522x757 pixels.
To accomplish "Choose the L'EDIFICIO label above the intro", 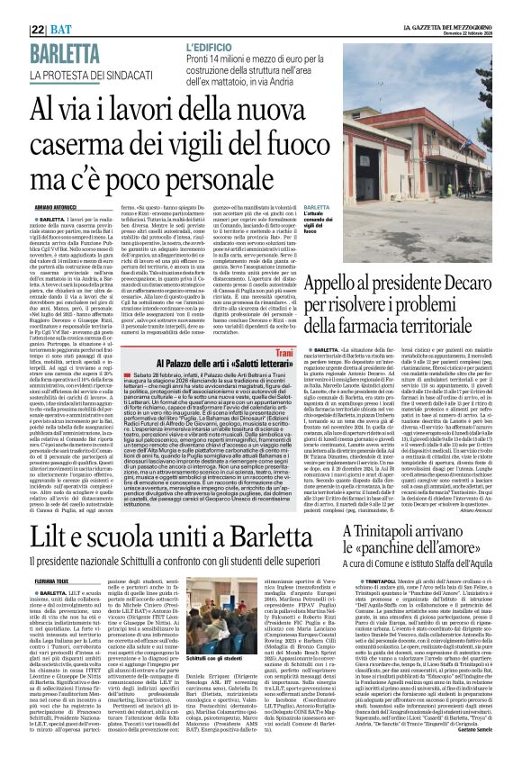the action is [x=209, y=45].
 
